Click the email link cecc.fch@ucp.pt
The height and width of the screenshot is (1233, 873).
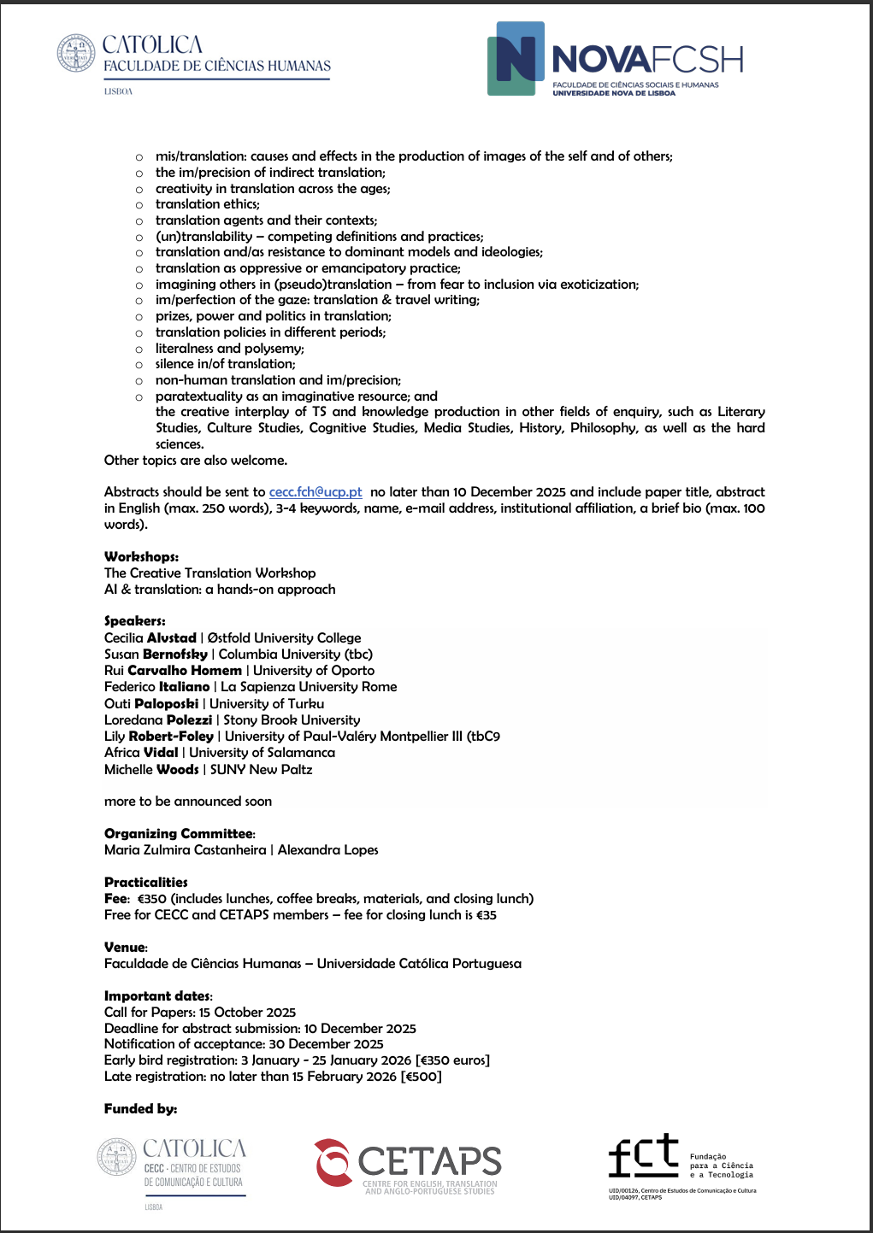(316, 492)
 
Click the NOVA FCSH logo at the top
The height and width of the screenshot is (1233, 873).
(615, 59)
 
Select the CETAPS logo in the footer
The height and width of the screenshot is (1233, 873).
(408, 1163)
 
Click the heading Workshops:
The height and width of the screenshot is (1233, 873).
(141, 557)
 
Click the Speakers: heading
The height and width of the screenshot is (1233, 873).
(135, 621)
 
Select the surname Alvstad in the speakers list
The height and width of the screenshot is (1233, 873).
(172, 638)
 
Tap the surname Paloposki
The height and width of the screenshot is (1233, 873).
(167, 703)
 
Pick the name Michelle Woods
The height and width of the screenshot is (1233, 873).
(151, 769)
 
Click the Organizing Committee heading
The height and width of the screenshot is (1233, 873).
(179, 834)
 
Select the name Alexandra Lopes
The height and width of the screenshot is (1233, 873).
(327, 850)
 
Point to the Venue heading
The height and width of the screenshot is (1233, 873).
(125, 948)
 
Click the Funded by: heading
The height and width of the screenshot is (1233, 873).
(140, 1109)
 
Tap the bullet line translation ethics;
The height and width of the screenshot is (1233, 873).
(208, 204)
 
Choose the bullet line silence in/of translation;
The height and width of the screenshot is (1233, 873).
(226, 364)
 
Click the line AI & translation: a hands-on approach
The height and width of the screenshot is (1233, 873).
(220, 590)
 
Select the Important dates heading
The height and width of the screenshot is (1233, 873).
(157, 996)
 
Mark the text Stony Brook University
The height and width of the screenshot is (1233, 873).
(292, 720)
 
